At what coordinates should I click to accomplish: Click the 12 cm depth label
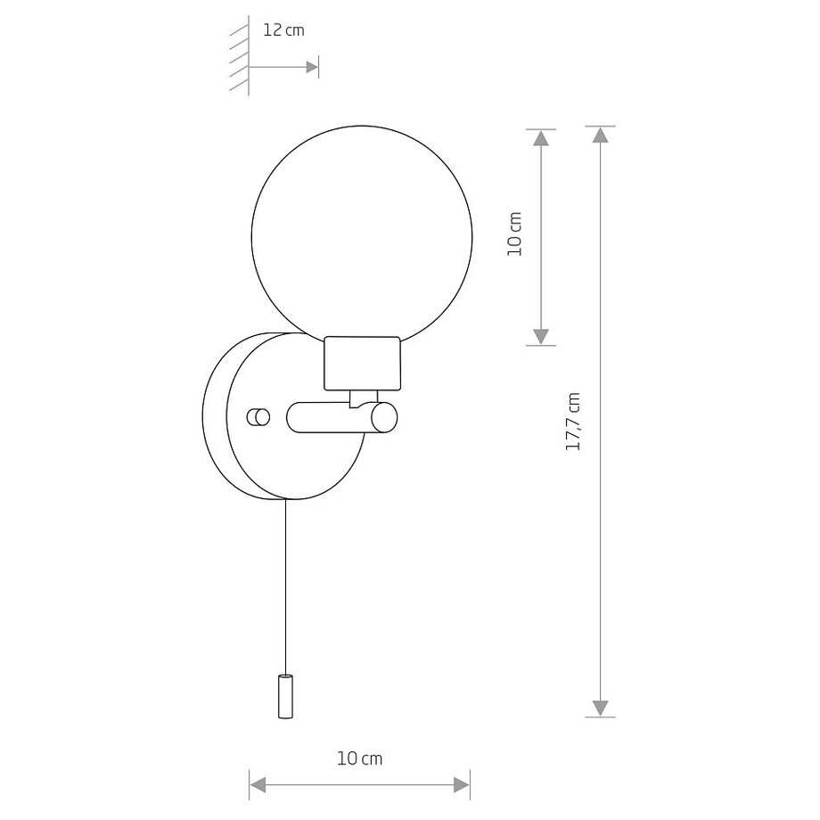[x=283, y=30]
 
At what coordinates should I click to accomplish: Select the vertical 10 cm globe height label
[x=514, y=234]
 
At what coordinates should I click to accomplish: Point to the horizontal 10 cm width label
[x=359, y=758]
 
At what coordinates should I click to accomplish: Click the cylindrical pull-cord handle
[x=284, y=696]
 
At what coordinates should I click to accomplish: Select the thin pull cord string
[x=285, y=579]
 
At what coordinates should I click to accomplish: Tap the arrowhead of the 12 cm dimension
[x=312, y=67]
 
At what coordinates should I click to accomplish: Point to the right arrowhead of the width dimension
[x=461, y=784]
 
